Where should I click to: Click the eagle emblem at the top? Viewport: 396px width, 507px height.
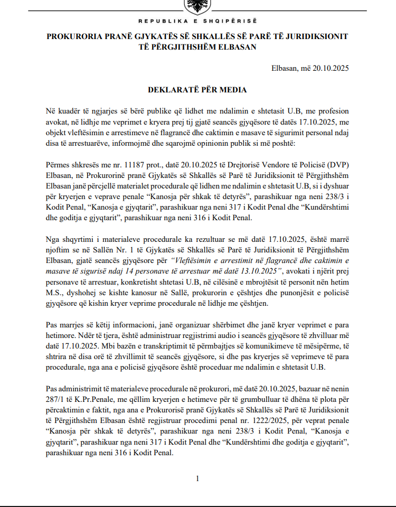click(x=197, y=6)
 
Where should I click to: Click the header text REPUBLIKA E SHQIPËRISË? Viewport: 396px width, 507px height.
click(x=197, y=21)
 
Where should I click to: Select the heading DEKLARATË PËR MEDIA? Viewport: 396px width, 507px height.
click(x=197, y=90)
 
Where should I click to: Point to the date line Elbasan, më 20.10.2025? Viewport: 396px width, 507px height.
click(x=310, y=68)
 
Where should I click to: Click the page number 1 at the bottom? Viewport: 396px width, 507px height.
click(x=197, y=478)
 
